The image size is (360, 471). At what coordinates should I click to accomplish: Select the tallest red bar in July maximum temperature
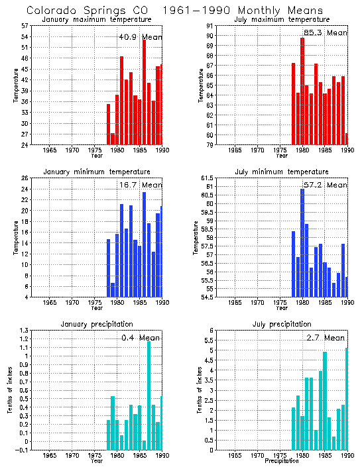pos(302,91)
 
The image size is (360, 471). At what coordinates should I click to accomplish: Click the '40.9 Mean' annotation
pos(140,37)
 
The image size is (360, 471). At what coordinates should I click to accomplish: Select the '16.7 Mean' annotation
pos(140,185)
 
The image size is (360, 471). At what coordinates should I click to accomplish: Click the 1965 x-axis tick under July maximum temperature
pos(234,150)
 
